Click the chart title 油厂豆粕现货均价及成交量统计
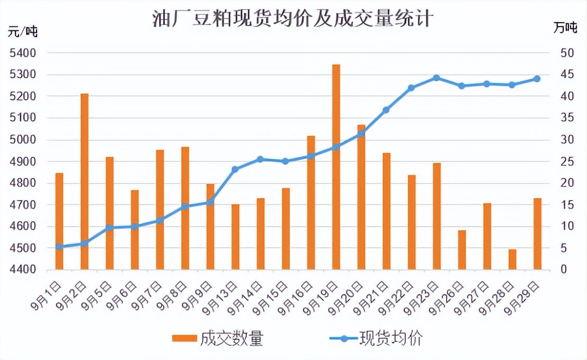point(293,19)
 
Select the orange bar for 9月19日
point(336,167)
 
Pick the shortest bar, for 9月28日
point(512,259)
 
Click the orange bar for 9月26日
point(462,250)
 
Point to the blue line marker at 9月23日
point(437,78)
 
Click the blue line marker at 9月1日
point(59,247)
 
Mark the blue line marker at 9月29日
point(537,79)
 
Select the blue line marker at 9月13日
point(235,169)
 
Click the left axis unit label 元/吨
point(23,31)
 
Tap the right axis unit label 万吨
point(565,28)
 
